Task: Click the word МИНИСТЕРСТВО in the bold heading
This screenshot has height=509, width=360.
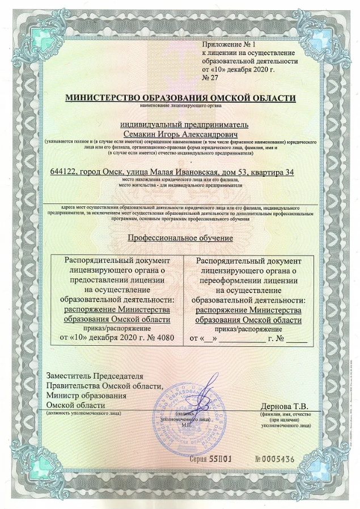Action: [100, 98]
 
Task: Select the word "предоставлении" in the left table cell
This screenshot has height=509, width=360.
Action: [117, 279]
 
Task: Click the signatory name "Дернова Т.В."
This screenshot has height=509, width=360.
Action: [285, 406]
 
